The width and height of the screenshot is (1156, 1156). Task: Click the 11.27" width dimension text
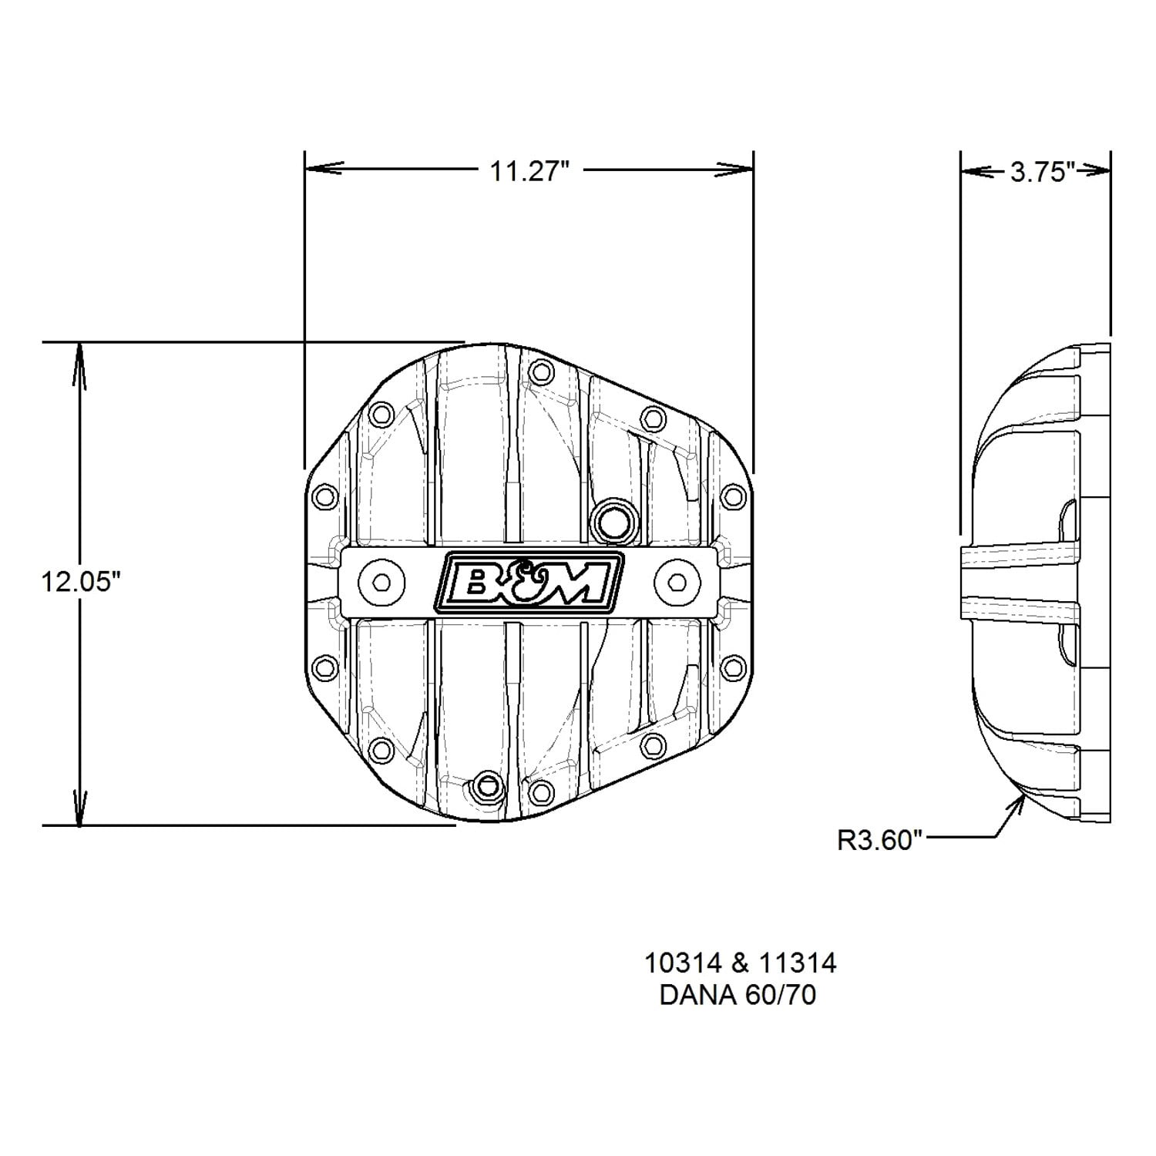click(x=529, y=170)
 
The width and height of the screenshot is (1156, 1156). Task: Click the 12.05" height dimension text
click(x=82, y=582)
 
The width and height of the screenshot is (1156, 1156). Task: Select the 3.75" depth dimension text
click(x=1042, y=172)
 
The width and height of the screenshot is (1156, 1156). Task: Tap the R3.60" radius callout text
click(x=880, y=839)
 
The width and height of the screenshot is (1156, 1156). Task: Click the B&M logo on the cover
click(x=529, y=583)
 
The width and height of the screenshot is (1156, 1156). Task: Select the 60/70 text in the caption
click(x=781, y=995)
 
